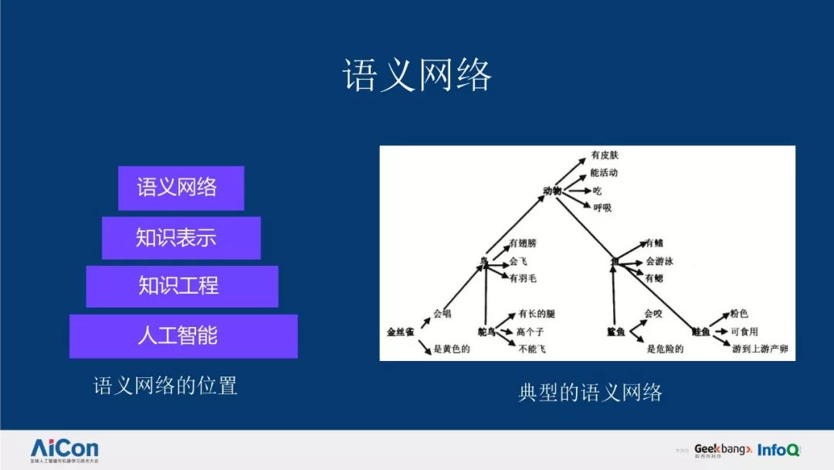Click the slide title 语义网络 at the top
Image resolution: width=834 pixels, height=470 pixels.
(417, 77)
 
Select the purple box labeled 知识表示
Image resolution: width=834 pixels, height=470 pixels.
(181, 237)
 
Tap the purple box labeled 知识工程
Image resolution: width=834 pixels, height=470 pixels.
(181, 286)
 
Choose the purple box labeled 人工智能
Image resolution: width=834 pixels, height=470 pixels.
(183, 335)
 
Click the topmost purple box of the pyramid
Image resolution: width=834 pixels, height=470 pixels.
(181, 187)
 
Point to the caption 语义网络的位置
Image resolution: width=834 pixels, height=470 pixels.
(165, 385)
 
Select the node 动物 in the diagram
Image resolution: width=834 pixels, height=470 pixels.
(551, 190)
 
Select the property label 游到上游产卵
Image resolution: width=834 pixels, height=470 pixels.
(760, 349)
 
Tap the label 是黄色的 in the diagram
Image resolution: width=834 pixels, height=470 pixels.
(451, 349)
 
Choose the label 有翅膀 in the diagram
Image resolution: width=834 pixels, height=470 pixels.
(522, 244)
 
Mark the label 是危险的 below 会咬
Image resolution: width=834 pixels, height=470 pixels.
(665, 349)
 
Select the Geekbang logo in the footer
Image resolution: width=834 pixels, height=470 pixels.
(722, 449)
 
